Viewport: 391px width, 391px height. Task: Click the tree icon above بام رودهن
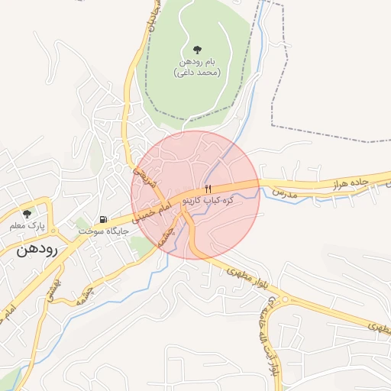point(198,49)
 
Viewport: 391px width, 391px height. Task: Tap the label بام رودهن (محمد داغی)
point(197,66)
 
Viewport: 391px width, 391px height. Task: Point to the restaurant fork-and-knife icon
point(207,188)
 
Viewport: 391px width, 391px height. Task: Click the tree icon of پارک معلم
point(27,215)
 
